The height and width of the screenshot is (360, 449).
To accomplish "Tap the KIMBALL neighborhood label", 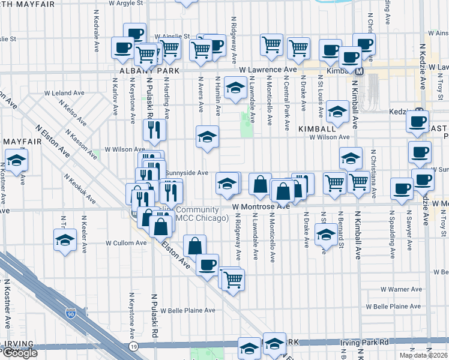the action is click(316, 128).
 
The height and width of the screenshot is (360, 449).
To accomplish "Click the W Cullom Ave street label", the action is click(126, 243).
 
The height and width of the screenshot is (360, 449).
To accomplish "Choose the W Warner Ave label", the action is click(402, 289).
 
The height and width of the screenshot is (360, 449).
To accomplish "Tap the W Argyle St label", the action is click(126, 3).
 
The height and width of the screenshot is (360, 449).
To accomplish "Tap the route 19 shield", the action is click(134, 347).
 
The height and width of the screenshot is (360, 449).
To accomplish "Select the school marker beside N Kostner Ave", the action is click(17, 160).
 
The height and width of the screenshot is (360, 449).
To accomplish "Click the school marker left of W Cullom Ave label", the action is click(64, 241).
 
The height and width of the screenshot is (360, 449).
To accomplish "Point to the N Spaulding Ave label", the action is click(393, 237).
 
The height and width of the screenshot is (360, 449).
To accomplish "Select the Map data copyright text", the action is click(423, 355).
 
